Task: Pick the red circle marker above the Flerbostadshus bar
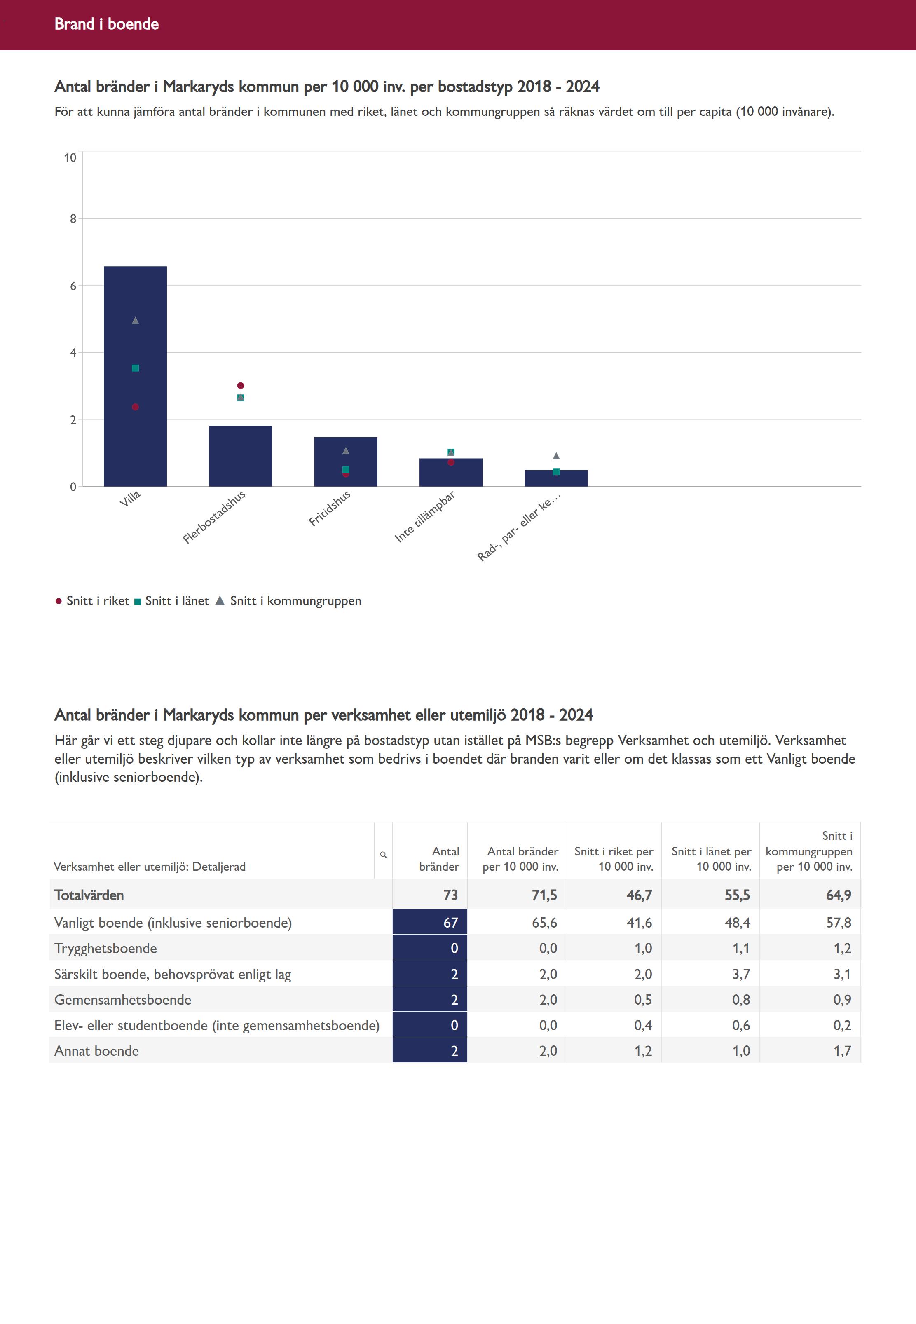[241, 386]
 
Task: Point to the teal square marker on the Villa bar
[136, 368]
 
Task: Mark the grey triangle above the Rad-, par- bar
[556, 456]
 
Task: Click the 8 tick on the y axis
[73, 219]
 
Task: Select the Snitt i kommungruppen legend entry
[289, 601]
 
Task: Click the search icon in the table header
[383, 855]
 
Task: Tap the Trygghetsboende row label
[105, 948]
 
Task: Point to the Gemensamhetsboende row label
[123, 1000]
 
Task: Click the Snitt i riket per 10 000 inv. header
[614, 859]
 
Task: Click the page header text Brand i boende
[107, 24]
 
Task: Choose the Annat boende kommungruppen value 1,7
[842, 1051]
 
